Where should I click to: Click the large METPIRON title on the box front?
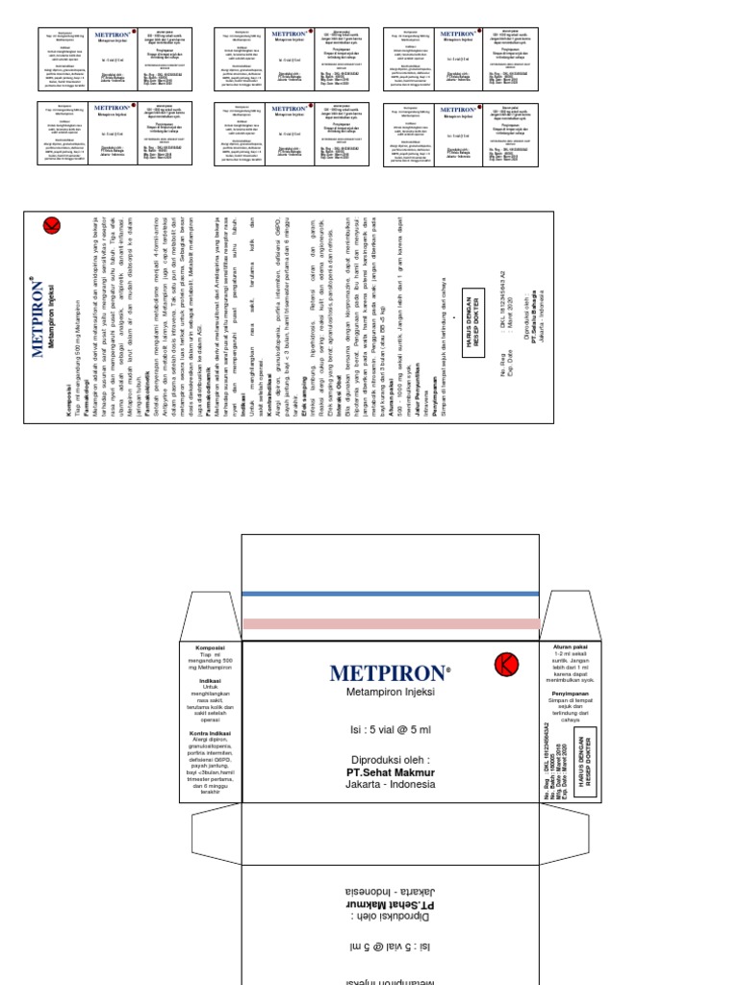point(390,671)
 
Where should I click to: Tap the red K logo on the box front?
point(506,664)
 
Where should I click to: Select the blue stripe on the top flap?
point(390,595)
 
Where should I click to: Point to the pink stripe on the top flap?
point(390,623)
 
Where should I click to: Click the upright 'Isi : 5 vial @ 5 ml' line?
point(390,731)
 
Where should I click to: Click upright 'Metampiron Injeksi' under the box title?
point(390,692)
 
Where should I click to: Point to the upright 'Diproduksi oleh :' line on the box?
point(390,758)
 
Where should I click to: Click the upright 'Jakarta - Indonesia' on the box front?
point(390,784)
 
